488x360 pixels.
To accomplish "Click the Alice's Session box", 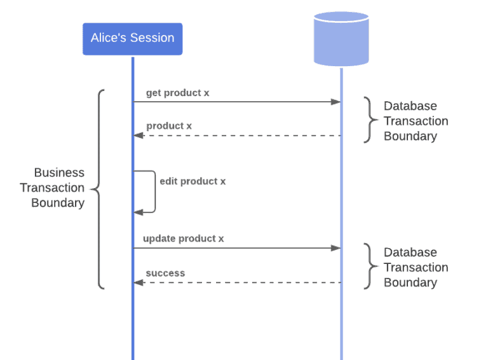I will (132, 38).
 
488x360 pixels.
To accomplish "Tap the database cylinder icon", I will (341, 38).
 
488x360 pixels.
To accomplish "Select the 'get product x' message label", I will (177, 93).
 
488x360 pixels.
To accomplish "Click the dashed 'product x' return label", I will (169, 126).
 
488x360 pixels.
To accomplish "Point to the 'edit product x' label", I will (193, 181).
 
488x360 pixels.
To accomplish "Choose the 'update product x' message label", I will (183, 239).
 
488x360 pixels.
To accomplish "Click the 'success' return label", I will (165, 273).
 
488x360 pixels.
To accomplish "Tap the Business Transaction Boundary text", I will (52, 188).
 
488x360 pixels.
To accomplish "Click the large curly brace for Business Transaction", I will (97, 189).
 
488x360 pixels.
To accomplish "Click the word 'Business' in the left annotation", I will (58, 172).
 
